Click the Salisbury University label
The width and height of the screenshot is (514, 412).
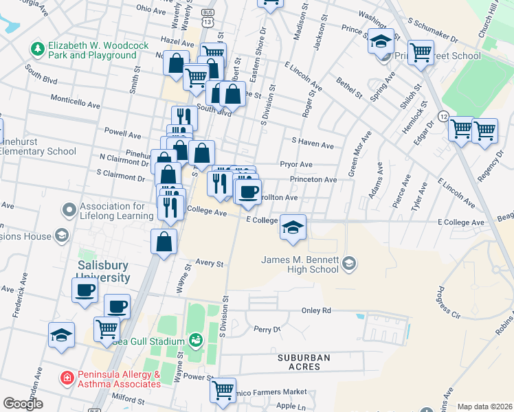click(103, 271)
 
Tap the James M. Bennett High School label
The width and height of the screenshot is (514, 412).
click(300, 264)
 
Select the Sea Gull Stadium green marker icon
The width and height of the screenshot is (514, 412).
click(196, 341)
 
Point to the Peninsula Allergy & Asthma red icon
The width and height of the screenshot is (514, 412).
click(67, 377)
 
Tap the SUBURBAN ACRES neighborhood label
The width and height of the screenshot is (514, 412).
click(304, 362)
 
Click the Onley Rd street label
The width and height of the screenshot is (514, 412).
click(316, 310)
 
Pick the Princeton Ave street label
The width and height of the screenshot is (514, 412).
click(313, 179)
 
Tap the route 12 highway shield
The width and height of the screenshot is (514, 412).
click(444, 117)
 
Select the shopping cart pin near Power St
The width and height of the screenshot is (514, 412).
click(223, 390)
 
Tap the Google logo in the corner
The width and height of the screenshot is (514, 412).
click(23, 404)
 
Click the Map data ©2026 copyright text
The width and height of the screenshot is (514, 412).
click(484, 407)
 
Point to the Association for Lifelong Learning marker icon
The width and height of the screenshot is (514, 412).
click(69, 209)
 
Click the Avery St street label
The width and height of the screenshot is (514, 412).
click(210, 263)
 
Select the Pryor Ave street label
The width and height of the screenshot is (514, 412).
click(296, 165)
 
